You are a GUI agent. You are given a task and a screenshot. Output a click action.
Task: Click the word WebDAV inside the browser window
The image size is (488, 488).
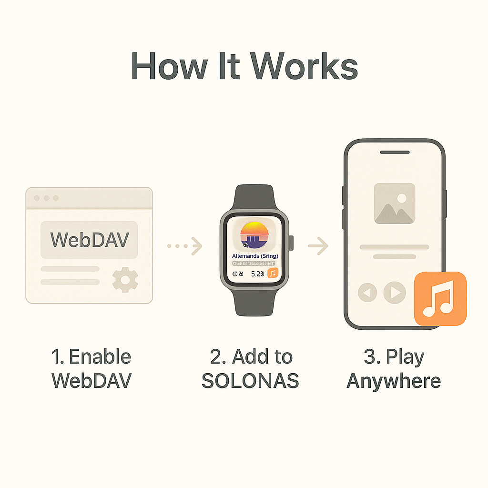[x=89, y=240]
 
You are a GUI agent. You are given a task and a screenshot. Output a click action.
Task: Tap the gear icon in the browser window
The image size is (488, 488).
[x=125, y=280]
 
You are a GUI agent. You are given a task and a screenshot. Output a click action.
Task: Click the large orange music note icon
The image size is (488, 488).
[x=440, y=299]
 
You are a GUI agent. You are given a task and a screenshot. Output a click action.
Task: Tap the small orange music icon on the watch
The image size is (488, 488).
[x=273, y=273]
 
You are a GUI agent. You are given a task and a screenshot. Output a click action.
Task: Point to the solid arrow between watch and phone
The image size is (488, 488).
[x=318, y=246]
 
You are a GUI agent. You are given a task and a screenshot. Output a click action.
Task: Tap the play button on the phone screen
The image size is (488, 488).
[x=395, y=292]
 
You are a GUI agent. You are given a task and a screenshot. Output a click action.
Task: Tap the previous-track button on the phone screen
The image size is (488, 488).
[x=367, y=292]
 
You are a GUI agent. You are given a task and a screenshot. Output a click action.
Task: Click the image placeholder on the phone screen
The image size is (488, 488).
[x=395, y=203]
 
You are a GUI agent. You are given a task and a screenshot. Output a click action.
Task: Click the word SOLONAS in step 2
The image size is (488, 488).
[x=250, y=381]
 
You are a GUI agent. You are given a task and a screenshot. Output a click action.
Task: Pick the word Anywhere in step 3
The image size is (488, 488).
[x=394, y=381]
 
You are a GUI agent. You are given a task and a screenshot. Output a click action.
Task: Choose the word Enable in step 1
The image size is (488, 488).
[x=100, y=356]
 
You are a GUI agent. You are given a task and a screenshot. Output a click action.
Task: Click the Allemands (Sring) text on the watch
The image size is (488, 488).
[x=255, y=256]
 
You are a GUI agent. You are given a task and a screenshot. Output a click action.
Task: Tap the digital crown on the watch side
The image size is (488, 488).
[x=292, y=243]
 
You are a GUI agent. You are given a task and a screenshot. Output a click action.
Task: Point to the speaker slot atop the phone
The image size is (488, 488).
[x=394, y=152]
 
